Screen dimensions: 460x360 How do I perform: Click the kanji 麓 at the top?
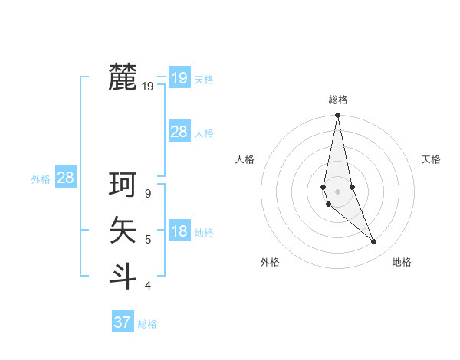[x=123, y=77]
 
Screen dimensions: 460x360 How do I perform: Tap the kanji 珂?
[x=123, y=185]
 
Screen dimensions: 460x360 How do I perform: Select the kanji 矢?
[x=123, y=230]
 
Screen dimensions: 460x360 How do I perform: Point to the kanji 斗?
[x=123, y=276]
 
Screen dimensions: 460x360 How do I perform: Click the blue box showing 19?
[x=179, y=77]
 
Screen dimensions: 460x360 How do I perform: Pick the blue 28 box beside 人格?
[x=179, y=132]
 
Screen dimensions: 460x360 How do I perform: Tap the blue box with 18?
[x=179, y=232]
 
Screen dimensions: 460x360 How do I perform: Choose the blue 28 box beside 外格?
[x=65, y=178]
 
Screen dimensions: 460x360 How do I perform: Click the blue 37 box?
[x=122, y=322]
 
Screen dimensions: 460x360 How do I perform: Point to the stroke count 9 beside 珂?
[x=148, y=194]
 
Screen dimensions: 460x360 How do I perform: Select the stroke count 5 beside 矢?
[x=148, y=240]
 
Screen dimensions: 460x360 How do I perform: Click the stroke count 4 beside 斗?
[x=148, y=286]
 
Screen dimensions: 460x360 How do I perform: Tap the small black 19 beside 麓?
[x=148, y=87]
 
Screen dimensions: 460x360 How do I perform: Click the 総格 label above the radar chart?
[x=337, y=100]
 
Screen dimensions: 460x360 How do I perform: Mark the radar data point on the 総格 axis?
[x=337, y=116]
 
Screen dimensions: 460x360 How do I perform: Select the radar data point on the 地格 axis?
[x=374, y=242]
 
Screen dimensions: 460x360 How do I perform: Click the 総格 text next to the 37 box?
[x=147, y=324]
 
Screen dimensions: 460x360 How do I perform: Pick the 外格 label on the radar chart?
[x=270, y=262]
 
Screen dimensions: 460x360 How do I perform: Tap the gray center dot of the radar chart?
[x=337, y=191]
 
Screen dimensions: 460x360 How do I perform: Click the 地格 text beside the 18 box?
[x=204, y=233]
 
